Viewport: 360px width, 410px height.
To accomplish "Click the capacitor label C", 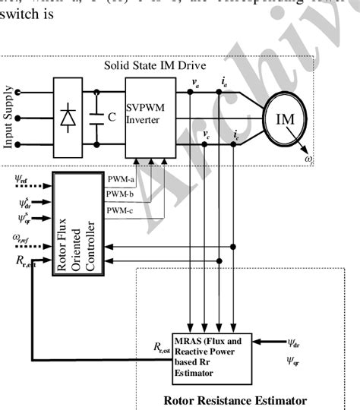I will (x=112, y=118).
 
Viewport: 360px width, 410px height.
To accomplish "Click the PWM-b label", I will (x=122, y=195).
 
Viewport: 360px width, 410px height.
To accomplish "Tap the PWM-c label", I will (x=122, y=210).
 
